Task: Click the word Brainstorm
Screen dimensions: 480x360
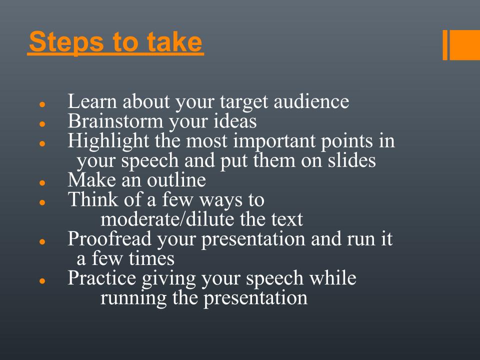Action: tap(115, 120)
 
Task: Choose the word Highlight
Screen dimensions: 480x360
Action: tap(108, 142)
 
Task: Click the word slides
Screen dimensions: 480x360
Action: tap(351, 160)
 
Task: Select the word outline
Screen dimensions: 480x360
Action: tap(176, 179)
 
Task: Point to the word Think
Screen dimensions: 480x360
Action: tap(93, 199)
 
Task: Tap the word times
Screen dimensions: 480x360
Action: tap(151, 258)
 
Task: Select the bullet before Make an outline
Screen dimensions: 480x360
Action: tap(42, 183)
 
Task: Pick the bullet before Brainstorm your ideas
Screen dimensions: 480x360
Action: tap(42, 124)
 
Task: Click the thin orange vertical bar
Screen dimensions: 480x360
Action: tap(445, 45)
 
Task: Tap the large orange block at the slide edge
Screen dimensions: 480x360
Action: tap(464, 45)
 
